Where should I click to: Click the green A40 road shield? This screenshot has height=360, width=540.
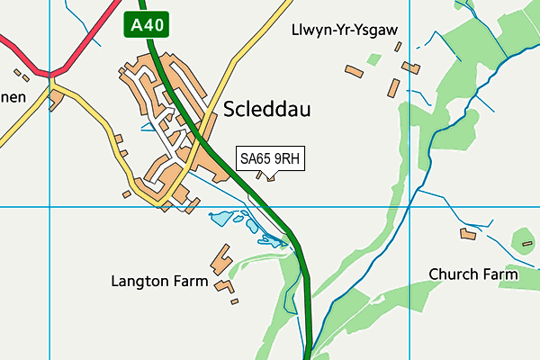pyautogui.click(x=146, y=25)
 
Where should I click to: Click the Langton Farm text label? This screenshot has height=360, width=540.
pyautogui.click(x=160, y=282)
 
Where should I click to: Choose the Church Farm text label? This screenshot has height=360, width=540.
pyautogui.click(x=473, y=274)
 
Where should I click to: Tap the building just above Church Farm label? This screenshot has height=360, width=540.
pyautogui.click(x=467, y=234)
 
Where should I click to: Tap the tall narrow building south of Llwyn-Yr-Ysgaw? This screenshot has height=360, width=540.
pyautogui.click(x=393, y=88)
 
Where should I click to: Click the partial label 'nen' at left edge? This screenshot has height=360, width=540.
pyautogui.click(x=12, y=96)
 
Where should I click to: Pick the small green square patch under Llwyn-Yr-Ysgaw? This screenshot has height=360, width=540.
pyautogui.click(x=373, y=58)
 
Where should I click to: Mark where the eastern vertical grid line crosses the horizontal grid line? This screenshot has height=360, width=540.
pyautogui.click(x=409, y=206)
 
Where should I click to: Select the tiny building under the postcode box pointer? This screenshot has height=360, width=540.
pyautogui.click(x=271, y=176)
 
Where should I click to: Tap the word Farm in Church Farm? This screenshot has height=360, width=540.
pyautogui.click(x=500, y=274)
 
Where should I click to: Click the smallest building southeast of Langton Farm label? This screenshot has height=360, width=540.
pyautogui.click(x=235, y=301)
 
